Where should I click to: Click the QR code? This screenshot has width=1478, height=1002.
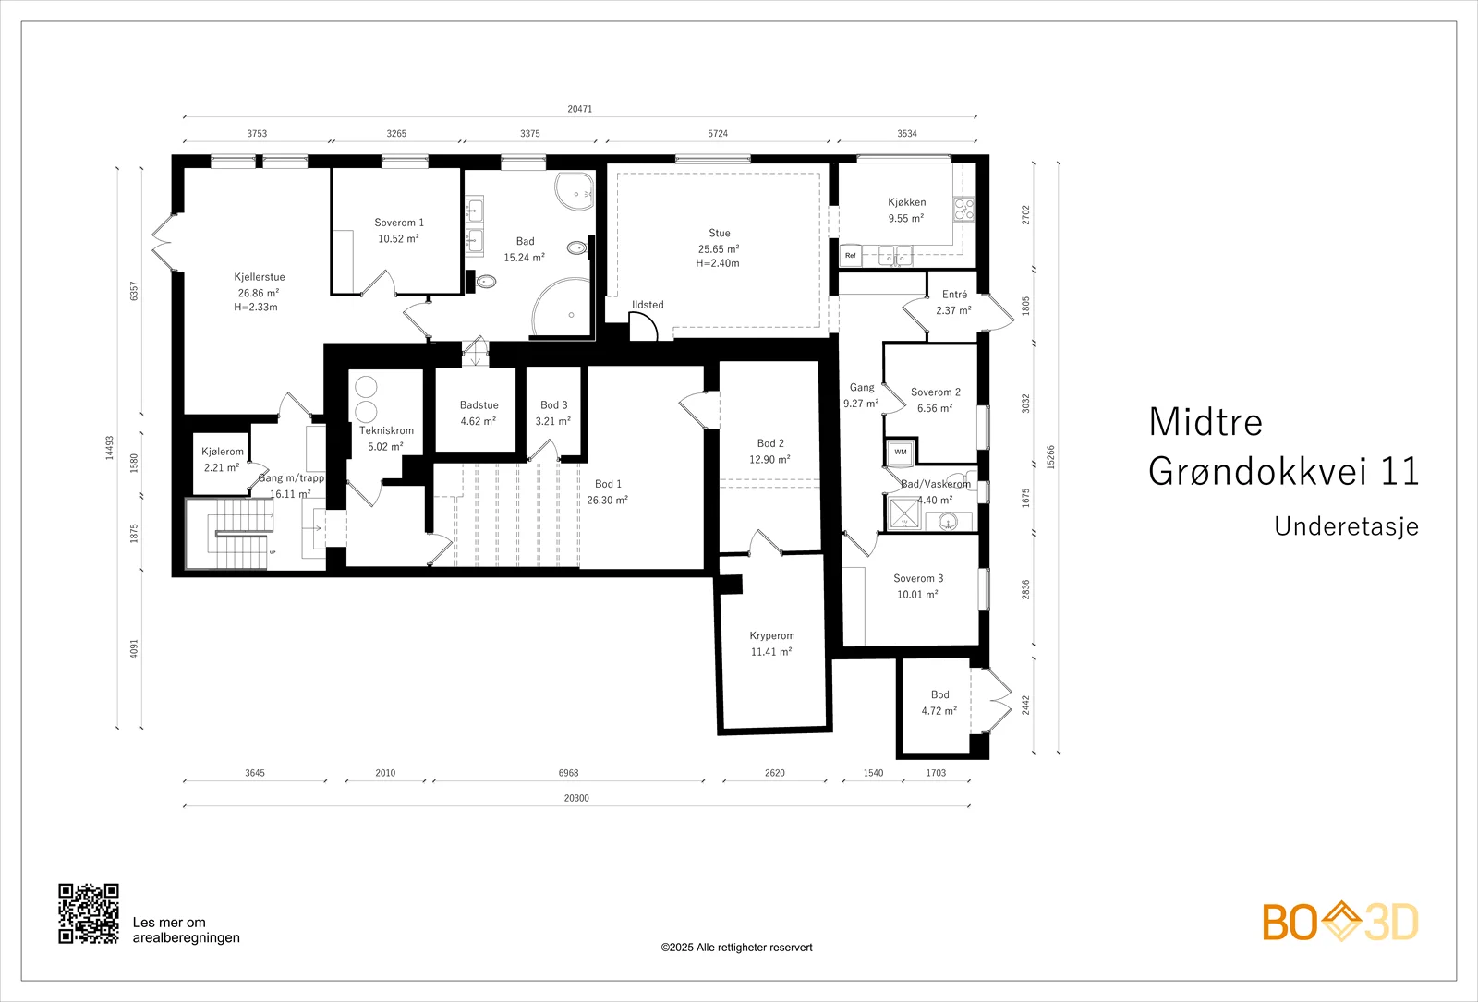[89, 913]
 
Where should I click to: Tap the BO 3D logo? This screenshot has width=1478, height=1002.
[1340, 922]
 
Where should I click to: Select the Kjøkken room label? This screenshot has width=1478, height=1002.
[906, 202]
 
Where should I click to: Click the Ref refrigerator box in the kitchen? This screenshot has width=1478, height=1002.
[851, 255]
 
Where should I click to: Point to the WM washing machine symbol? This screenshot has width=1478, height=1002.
[901, 452]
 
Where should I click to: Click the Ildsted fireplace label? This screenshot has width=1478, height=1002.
[648, 305]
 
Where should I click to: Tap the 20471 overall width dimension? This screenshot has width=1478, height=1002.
[579, 109]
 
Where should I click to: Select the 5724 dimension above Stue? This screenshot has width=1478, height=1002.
[717, 133]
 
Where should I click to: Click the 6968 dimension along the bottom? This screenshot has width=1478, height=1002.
[568, 772]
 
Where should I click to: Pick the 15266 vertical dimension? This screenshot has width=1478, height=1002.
[1050, 457]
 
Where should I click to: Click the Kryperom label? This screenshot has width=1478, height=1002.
[772, 636]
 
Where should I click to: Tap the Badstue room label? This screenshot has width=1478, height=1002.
[479, 405]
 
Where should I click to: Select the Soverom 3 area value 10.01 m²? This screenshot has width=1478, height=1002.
[917, 595]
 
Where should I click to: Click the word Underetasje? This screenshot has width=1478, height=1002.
[1346, 526]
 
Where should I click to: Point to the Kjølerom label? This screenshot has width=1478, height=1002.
[223, 452]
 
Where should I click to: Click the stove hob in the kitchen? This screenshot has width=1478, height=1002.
[963, 210]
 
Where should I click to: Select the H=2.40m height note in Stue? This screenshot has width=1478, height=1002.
[717, 263]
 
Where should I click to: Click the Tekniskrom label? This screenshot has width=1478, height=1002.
[387, 430]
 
